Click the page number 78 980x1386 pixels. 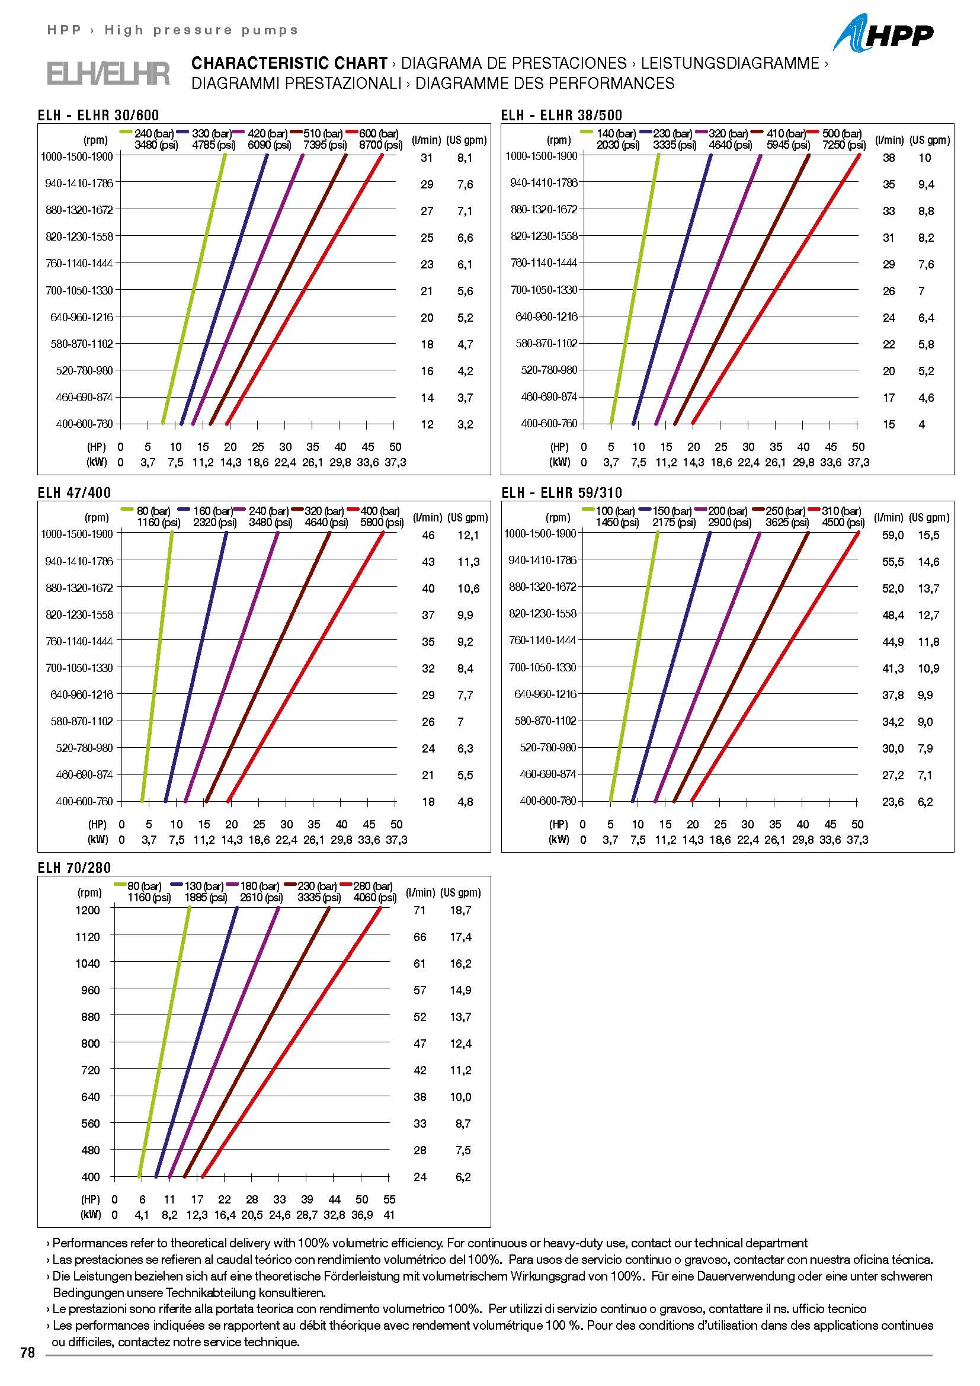click(28, 1353)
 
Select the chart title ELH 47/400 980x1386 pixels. click(74, 492)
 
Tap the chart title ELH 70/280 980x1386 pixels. click(74, 868)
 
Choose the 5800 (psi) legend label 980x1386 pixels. click(382, 522)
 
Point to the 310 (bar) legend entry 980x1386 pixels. click(841, 511)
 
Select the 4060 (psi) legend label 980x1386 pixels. click(374, 898)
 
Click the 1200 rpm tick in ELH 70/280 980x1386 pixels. click(88, 910)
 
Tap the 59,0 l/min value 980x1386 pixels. click(893, 536)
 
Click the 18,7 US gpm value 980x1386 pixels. click(460, 910)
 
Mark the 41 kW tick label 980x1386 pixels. click(389, 1215)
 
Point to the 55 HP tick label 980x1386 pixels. click(389, 1199)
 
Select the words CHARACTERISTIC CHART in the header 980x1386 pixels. click(289, 63)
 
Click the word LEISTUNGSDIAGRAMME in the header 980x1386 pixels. click(729, 63)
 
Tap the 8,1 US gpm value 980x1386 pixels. click(465, 158)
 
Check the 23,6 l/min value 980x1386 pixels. click(893, 802)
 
